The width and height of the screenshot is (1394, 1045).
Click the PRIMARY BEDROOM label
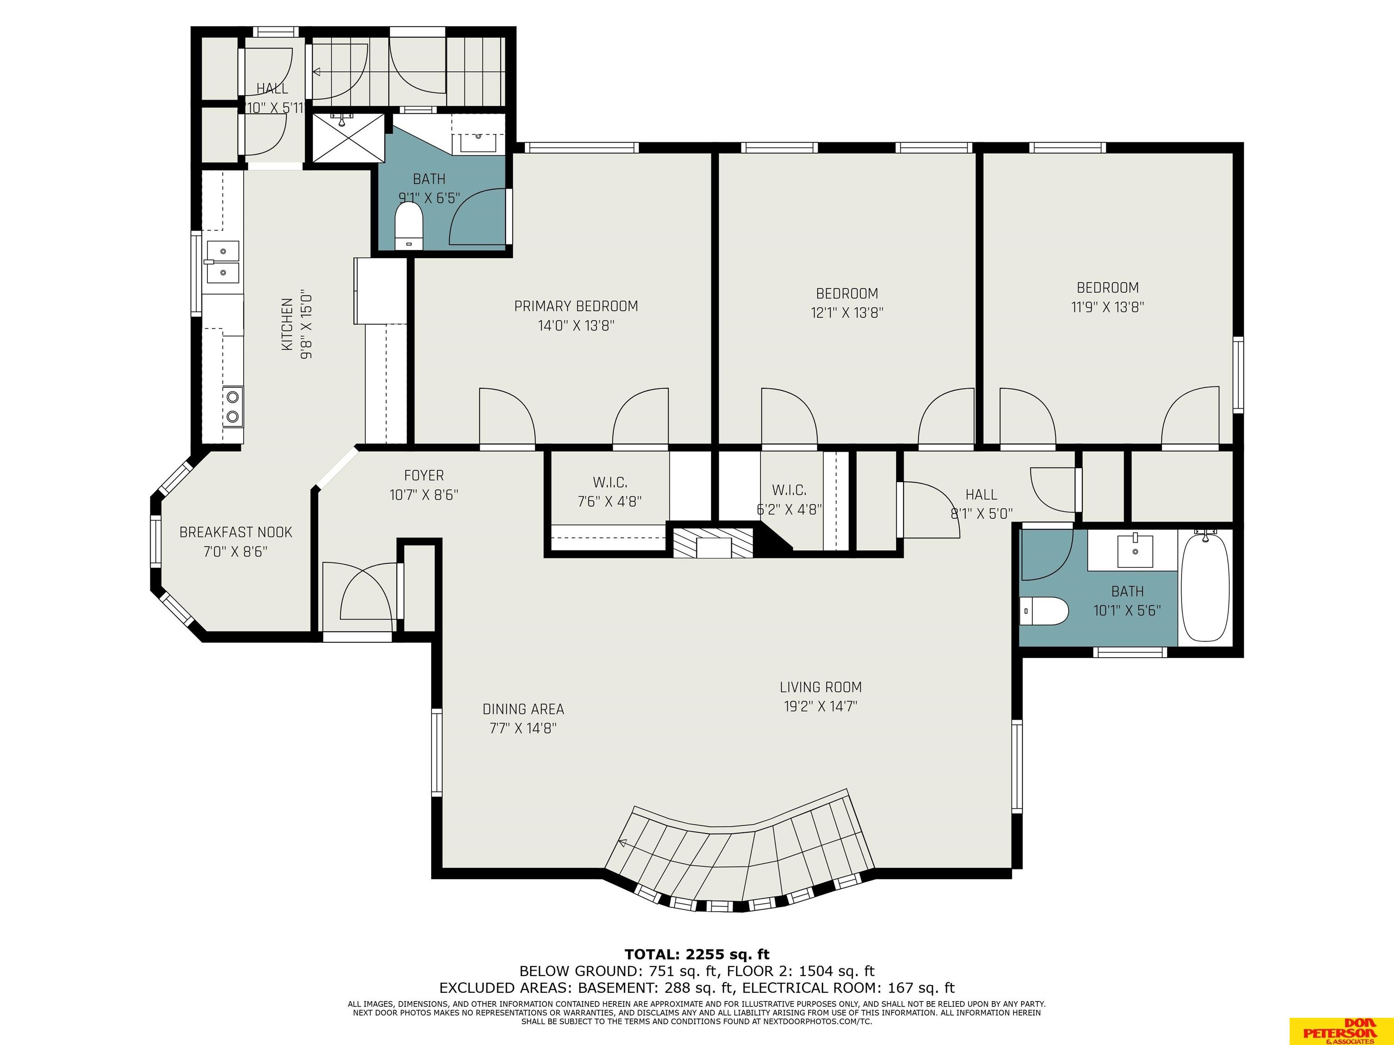(x=576, y=306)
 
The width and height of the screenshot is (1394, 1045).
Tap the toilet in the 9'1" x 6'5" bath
(x=408, y=225)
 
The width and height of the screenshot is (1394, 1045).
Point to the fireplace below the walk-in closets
(x=713, y=543)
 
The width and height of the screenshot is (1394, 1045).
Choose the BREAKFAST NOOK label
(x=236, y=532)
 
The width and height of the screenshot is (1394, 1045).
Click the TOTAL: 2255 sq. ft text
(x=697, y=954)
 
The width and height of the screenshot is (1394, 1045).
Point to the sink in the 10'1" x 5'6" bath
(x=1135, y=551)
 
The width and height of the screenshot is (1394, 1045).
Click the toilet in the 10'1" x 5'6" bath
(x=1044, y=611)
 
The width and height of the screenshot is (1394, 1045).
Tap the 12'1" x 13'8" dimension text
(x=847, y=313)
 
